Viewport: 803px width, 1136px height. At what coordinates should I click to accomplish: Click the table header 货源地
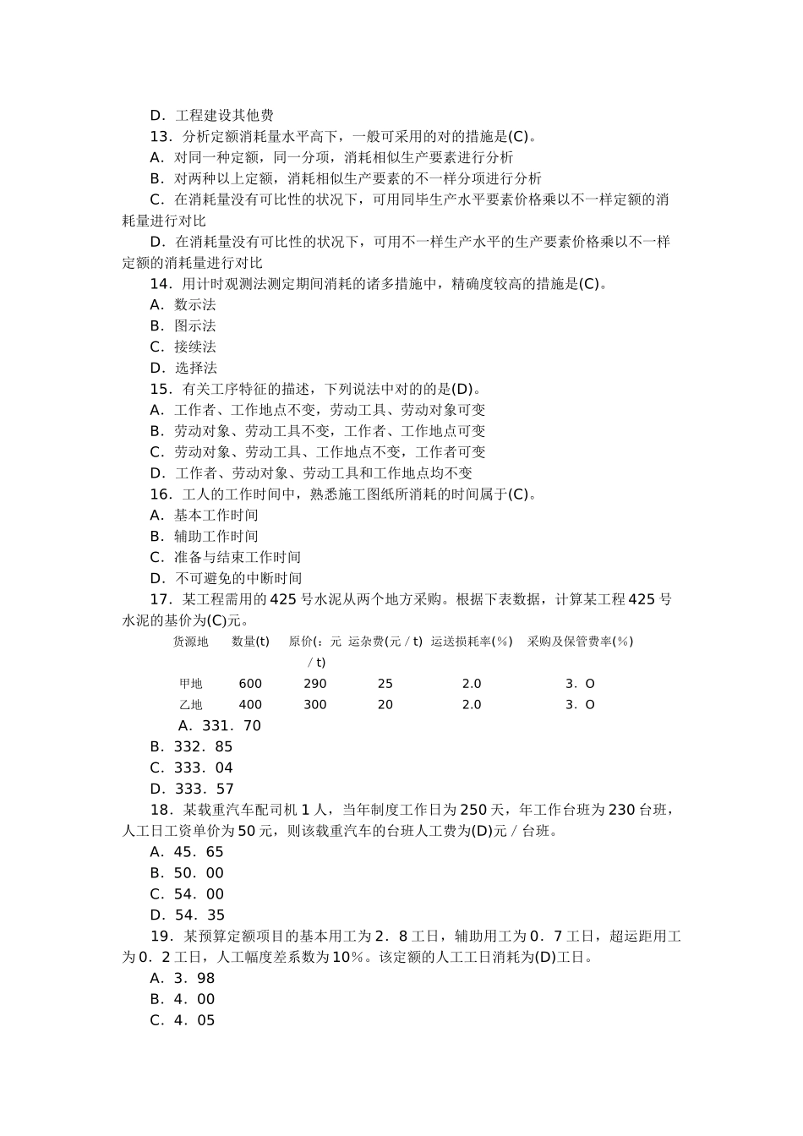[x=190, y=642]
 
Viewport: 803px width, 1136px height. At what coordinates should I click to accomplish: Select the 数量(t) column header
[x=250, y=642]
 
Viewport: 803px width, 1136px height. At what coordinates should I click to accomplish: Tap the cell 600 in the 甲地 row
[x=250, y=684]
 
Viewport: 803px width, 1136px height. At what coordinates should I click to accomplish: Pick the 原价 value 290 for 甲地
[x=314, y=684]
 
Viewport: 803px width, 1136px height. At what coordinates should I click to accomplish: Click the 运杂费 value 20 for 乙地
[x=385, y=705]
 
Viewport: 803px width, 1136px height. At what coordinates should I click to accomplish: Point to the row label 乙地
[x=190, y=705]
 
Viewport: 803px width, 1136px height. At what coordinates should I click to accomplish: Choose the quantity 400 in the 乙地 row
[x=250, y=705]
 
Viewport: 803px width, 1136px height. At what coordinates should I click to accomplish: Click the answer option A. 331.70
[x=220, y=726]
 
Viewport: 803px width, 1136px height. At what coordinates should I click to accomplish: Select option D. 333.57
[x=192, y=789]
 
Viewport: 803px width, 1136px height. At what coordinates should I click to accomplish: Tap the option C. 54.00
[x=187, y=894]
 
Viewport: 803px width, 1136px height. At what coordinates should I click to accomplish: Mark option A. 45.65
[x=187, y=852]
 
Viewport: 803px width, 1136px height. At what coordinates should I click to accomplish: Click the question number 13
[x=161, y=137]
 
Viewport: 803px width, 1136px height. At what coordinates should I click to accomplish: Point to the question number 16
[x=161, y=494]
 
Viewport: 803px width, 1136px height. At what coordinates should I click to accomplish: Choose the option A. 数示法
[x=183, y=305]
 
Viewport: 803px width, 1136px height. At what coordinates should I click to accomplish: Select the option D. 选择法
[x=183, y=368]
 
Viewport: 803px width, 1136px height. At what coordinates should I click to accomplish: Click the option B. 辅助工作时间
[x=204, y=537]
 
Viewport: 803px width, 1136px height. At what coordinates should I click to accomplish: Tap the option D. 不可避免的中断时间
[x=226, y=579]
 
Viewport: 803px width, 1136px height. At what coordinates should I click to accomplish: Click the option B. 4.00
[x=183, y=999]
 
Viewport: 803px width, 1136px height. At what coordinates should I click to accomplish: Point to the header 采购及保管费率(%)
[x=580, y=642]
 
